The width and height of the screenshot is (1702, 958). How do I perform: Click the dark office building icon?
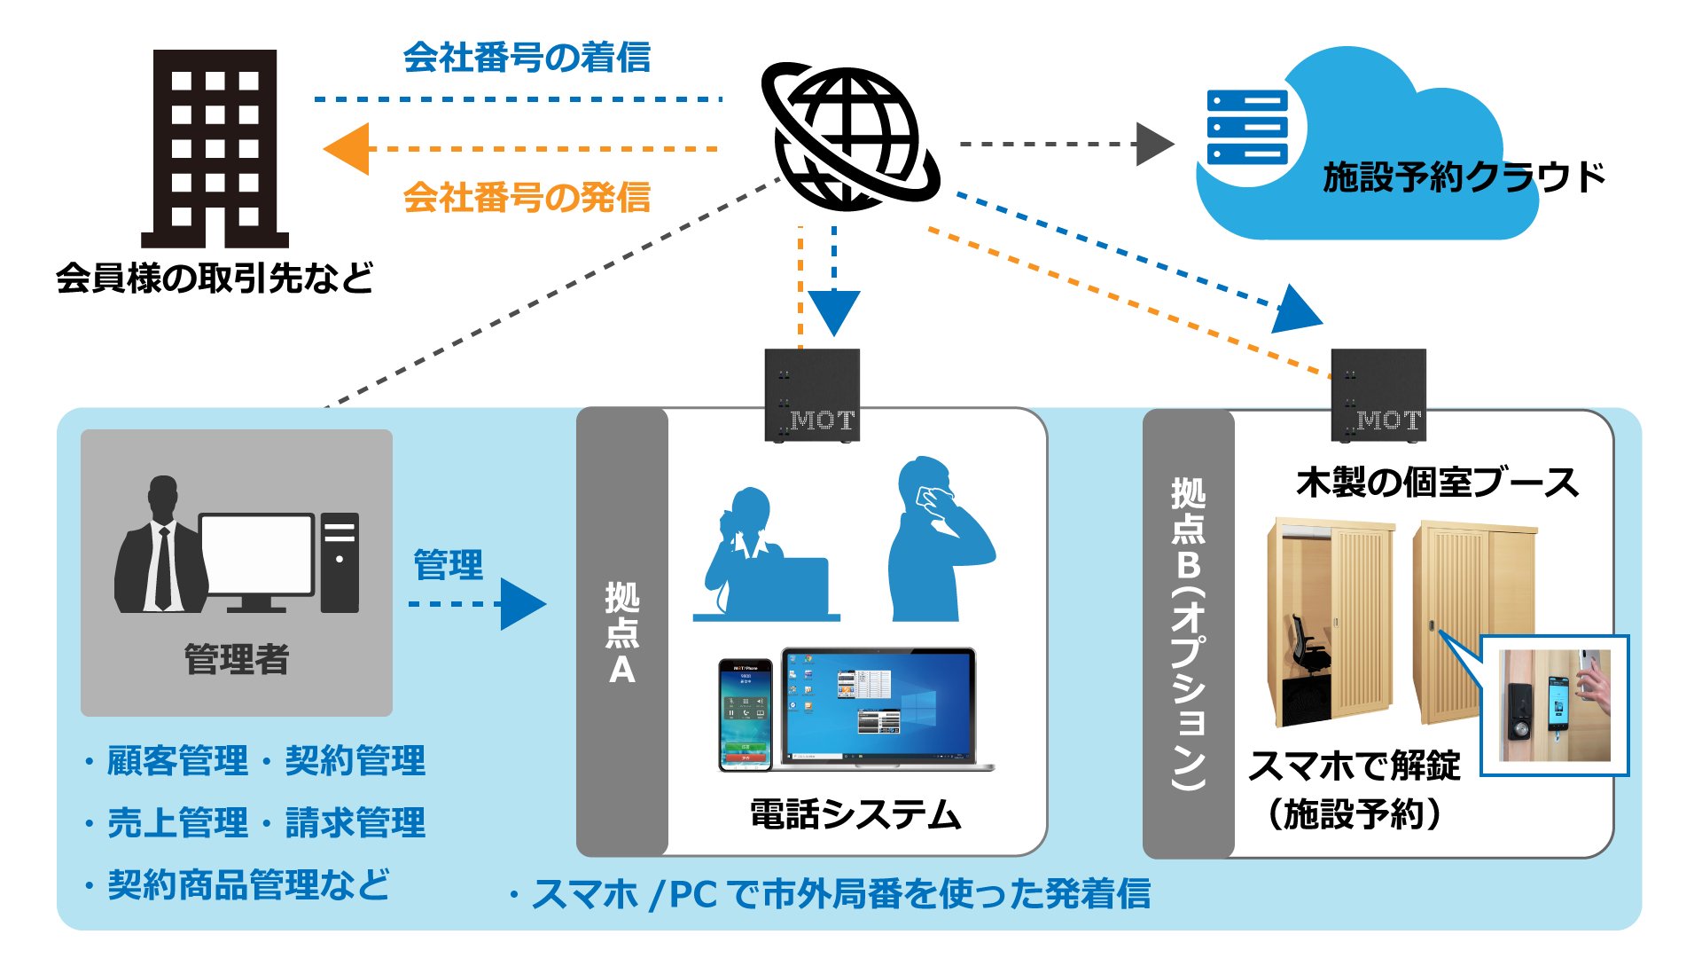click(215, 148)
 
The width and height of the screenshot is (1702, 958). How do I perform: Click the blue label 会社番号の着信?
click(527, 58)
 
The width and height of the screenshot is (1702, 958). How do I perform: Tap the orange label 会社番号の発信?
click(527, 197)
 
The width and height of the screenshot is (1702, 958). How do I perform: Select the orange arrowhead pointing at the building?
click(347, 149)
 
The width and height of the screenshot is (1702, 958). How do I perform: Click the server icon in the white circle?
click(1246, 128)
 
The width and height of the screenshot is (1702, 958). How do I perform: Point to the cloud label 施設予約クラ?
click(1426, 177)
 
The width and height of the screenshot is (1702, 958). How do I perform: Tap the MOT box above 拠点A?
click(812, 395)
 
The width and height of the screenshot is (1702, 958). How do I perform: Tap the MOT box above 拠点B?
click(1378, 395)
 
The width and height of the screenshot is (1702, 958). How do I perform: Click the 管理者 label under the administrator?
click(237, 659)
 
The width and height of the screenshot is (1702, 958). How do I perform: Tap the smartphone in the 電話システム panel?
click(745, 715)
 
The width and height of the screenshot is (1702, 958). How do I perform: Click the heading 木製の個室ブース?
click(1437, 483)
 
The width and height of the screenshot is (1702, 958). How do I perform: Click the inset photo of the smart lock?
click(1554, 705)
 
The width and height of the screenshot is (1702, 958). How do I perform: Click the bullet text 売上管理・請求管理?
click(266, 822)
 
